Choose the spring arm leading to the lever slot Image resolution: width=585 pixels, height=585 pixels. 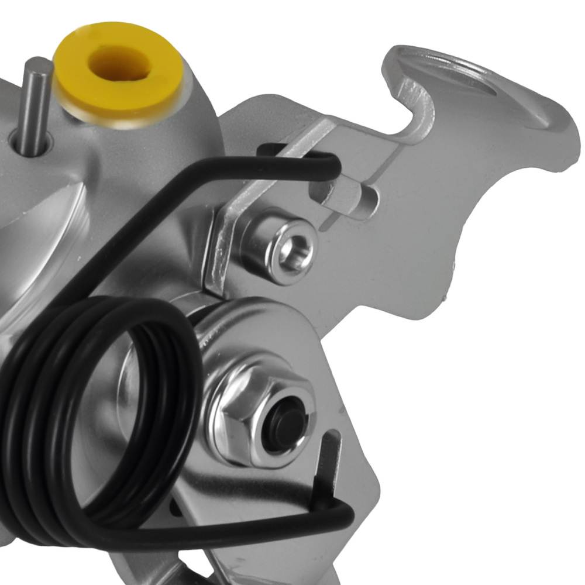246,529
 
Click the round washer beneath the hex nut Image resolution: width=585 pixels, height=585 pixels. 216,339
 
